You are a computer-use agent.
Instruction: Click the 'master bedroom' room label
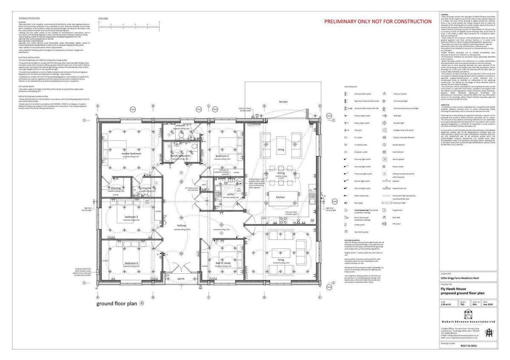(131, 153)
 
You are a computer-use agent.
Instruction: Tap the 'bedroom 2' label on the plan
(222, 156)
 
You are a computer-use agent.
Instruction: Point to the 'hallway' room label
(185, 226)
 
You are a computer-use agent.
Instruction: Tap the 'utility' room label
(231, 194)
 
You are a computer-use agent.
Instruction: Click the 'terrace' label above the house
(283, 102)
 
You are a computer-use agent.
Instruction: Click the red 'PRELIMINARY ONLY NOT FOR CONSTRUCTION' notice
(378, 21)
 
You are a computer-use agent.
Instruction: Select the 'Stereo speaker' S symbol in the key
(385, 159)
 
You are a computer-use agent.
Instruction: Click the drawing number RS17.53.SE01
(469, 346)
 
